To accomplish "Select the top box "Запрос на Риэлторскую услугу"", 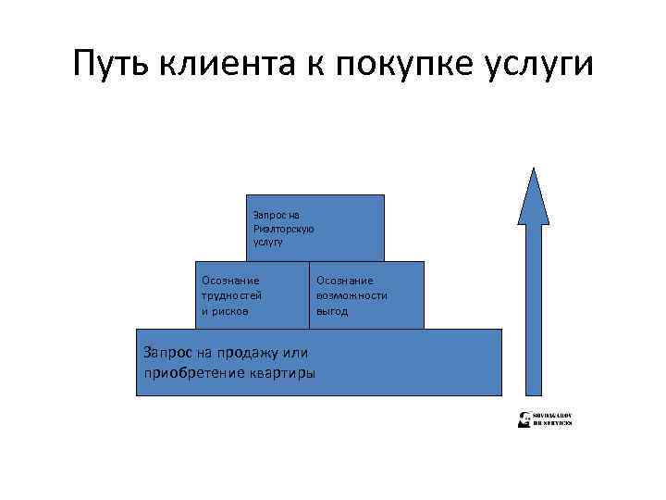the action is pos(315,228).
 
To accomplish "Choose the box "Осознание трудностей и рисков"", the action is pos(251,295).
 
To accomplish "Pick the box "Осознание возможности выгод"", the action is pos(366,295).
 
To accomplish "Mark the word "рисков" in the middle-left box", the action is pos(228,311).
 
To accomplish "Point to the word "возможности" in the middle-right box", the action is pos(351,295).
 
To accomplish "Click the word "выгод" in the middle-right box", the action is pos(332,311).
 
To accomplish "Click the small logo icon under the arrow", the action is pos(524,419).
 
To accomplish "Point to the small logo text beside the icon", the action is pos(553,419).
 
